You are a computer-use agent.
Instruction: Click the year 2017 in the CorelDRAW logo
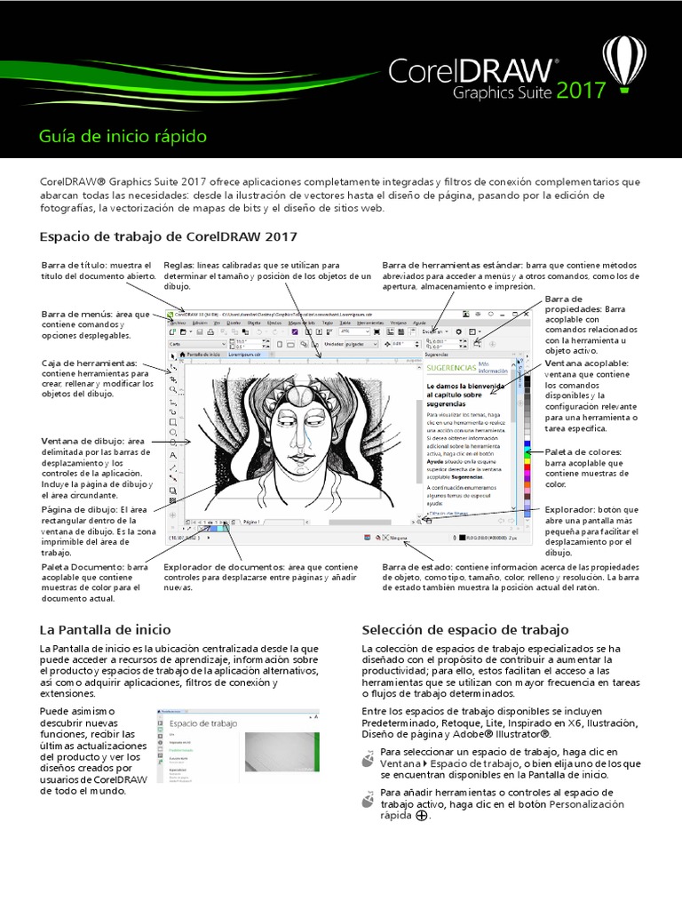(583, 91)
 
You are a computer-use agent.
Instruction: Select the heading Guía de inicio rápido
(123, 137)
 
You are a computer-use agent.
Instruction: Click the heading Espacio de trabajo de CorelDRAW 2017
(169, 236)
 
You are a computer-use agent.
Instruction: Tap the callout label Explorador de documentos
(223, 566)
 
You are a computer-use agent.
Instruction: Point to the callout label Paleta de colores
(583, 452)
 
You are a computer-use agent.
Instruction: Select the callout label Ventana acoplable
(586, 363)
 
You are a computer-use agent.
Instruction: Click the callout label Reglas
(183, 265)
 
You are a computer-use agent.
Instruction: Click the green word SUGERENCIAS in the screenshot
(450, 366)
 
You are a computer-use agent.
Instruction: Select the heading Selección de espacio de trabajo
(465, 629)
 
